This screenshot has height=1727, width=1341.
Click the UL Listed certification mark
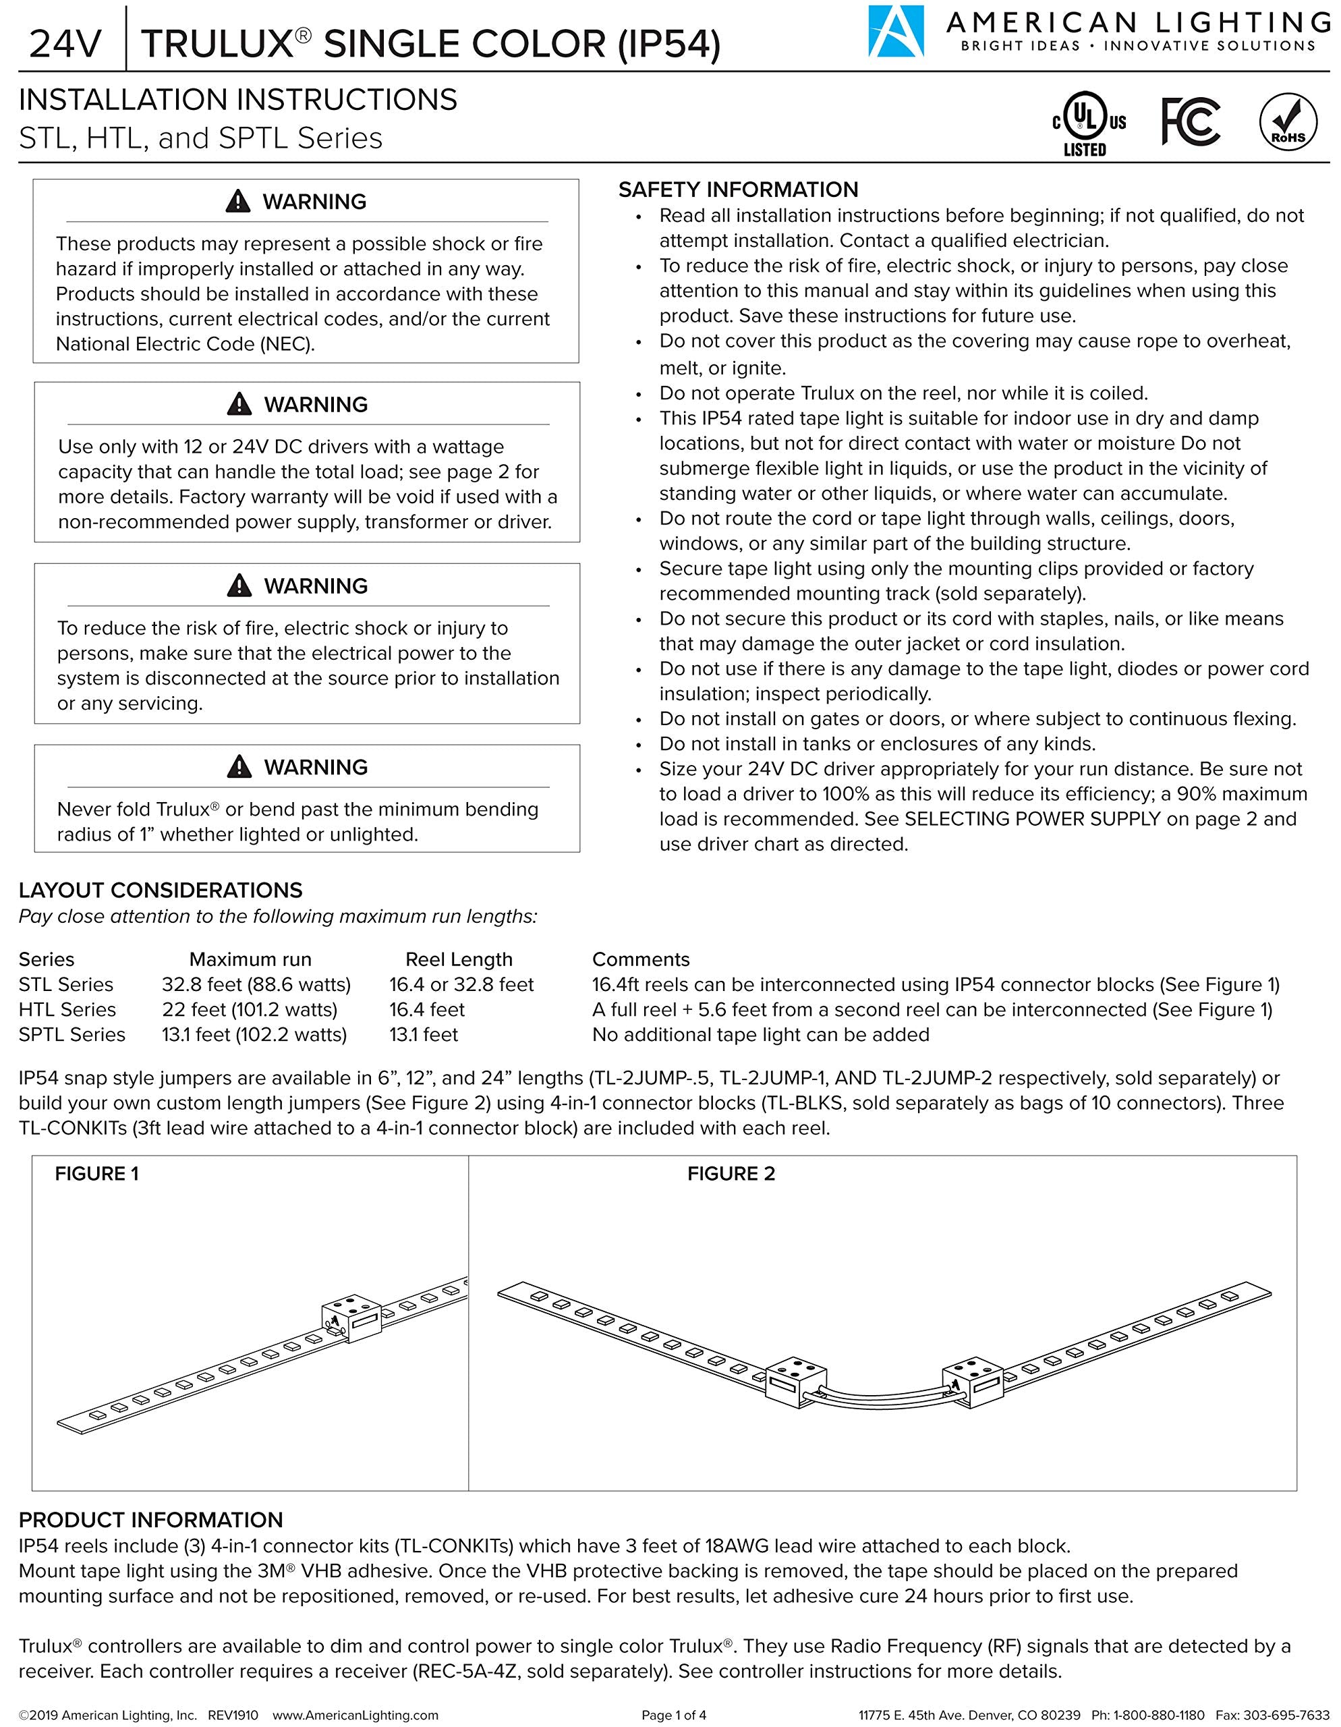pos(1088,124)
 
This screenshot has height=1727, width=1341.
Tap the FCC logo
pos(1190,122)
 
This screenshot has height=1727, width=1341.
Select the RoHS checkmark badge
pos(1288,123)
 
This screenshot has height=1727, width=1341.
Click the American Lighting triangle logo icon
pos(896,32)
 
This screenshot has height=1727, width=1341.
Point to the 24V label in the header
pos(65,45)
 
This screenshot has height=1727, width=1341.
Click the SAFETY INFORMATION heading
pos(738,190)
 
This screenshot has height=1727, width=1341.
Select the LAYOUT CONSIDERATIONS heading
pos(161,890)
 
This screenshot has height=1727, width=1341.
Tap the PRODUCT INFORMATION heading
pos(150,1520)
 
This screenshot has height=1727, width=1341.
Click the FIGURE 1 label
pos(96,1173)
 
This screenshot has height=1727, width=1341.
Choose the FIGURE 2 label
pos(731,1173)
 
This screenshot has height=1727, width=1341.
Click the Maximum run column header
pos(250,959)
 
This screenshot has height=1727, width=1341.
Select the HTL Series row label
pos(67,1010)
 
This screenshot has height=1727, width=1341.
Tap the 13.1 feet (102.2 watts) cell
pos(254,1035)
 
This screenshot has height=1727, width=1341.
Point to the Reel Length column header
pos(459,959)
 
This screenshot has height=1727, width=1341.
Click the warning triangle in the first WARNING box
pos(238,202)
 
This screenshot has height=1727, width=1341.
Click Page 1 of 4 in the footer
pos(674,1715)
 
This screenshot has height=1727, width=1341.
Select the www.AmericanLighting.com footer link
pos(355,1715)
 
